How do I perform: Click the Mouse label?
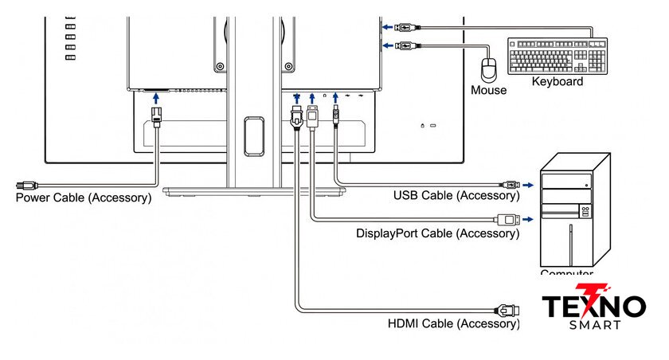pos(488,90)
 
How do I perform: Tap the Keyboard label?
pos(557,81)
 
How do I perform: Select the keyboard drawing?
pos(557,56)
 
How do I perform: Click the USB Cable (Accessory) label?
pos(456,195)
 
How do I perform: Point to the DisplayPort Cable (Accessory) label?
pos(437,233)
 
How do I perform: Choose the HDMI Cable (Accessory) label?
pos(453,323)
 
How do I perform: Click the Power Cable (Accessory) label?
pos(84,197)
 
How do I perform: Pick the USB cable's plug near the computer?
pos(510,185)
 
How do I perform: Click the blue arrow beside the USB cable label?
pos(528,185)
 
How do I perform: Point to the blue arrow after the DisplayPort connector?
pos(528,219)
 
